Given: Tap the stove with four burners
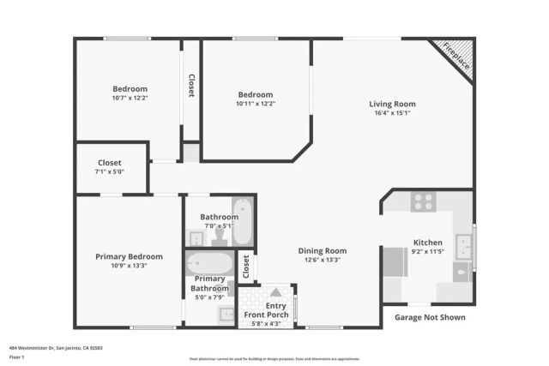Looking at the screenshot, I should tap(422, 202).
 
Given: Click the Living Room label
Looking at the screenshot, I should tap(392, 105).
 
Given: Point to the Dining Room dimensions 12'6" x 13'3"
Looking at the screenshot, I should tap(321, 260).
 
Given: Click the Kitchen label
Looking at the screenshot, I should tap(427, 243).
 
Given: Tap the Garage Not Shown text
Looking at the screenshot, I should tap(430, 317).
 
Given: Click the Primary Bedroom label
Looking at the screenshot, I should tap(129, 256).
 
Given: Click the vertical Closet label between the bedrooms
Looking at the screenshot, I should tap(191, 86).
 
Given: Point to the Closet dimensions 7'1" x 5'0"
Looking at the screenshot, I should tap(110, 171).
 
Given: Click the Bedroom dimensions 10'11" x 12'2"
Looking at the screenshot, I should tap(256, 104).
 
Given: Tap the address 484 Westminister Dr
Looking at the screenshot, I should tap(51, 348).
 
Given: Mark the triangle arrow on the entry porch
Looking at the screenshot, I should tap(275, 293).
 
